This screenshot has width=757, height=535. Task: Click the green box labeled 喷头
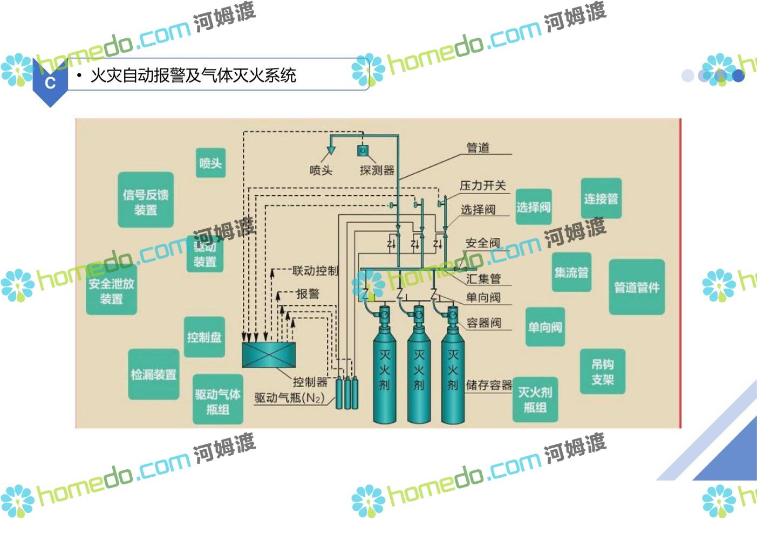(x=210, y=162)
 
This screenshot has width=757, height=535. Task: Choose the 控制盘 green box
(x=204, y=337)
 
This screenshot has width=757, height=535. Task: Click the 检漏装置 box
(x=154, y=374)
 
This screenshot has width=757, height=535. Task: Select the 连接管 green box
(x=601, y=198)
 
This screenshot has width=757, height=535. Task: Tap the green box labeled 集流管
(x=571, y=272)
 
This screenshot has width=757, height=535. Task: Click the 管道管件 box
(x=637, y=287)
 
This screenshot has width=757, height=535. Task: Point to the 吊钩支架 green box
(x=602, y=372)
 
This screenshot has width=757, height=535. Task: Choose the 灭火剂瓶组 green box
(x=535, y=399)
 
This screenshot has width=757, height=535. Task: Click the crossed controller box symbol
(x=269, y=355)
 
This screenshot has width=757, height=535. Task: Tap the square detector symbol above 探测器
(x=363, y=150)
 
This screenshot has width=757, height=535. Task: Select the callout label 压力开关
(x=483, y=186)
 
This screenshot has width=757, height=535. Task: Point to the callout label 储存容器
(x=489, y=385)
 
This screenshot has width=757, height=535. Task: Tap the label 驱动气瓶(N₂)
(x=290, y=398)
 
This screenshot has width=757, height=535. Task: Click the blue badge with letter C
(x=50, y=83)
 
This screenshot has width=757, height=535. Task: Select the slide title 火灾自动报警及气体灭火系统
(x=193, y=76)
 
